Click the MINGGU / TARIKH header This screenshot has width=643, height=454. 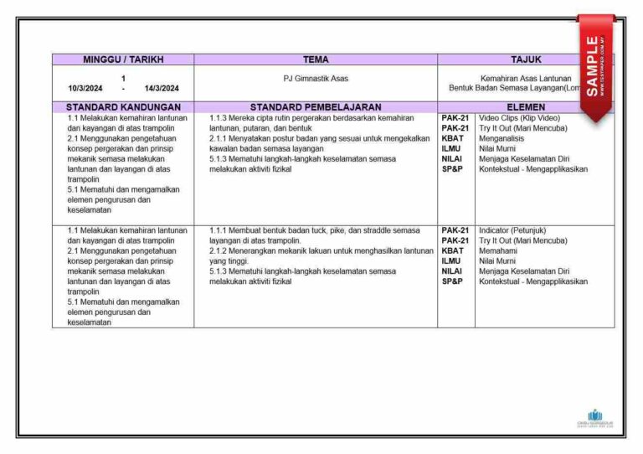pos(123,59)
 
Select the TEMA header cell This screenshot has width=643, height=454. pos(316,59)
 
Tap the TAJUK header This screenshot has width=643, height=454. pos(526,59)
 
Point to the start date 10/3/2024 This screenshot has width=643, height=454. pos(85,88)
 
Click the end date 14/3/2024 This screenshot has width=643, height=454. pos(162,88)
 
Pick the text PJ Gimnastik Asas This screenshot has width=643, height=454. pos(316,79)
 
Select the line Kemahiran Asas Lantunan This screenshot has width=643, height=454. pos(526,79)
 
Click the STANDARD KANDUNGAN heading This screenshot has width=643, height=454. pos(123,107)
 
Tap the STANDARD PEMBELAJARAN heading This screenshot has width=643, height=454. pos(316,107)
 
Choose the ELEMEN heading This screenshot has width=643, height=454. pos(526,107)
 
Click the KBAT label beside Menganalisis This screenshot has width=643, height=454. pos(452,138)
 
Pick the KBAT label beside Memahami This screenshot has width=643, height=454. pos(452,250)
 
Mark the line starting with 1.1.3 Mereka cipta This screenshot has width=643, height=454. pos(311,118)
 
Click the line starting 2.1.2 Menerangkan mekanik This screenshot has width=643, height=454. pos(321,250)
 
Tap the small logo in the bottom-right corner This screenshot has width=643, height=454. pos(595,417)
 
